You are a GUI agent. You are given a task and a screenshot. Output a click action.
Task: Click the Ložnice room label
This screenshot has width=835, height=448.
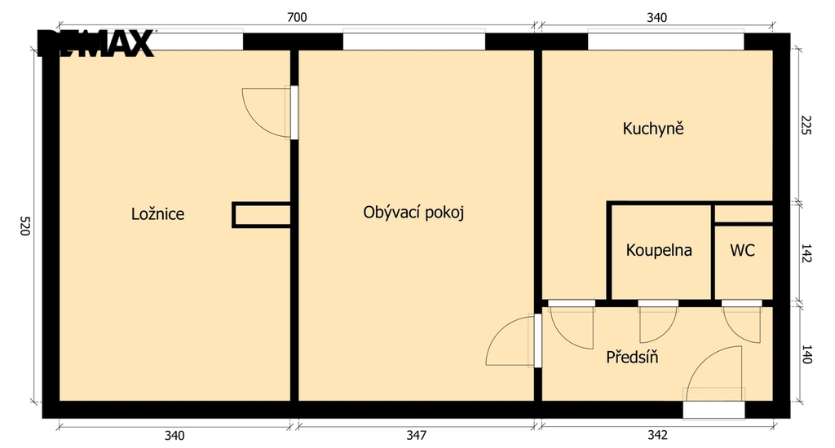point(157,214)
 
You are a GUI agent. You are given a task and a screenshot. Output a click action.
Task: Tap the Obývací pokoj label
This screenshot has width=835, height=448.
point(413,213)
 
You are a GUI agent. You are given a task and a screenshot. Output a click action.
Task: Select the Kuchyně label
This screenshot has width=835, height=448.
point(653,128)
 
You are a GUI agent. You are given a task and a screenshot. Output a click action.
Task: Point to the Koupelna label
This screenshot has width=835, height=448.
point(659,250)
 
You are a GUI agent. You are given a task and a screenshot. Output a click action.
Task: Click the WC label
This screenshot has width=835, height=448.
point(742,250)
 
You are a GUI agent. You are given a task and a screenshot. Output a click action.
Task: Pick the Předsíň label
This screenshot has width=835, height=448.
point(632,357)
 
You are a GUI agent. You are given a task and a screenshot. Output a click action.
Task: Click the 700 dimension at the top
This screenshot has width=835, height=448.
point(297,18)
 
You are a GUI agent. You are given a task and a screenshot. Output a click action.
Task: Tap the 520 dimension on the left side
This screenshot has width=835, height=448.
point(25,226)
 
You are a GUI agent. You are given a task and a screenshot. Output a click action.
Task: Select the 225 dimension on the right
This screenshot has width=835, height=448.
point(806,125)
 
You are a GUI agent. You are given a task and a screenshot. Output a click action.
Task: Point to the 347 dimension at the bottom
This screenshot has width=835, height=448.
point(416,435)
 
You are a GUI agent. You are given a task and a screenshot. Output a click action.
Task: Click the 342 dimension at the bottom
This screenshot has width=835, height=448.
point(657,435)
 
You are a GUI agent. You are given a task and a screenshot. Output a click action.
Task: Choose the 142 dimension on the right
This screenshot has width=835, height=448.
point(806,253)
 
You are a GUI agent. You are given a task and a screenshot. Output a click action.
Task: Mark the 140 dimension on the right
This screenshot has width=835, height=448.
point(806,354)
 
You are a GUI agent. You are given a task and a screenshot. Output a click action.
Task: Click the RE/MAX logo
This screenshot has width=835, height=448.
point(96,43)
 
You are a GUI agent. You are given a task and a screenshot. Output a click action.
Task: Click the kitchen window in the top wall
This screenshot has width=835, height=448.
point(665,41)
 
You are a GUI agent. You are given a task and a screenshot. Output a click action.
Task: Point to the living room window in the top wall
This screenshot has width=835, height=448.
point(413,41)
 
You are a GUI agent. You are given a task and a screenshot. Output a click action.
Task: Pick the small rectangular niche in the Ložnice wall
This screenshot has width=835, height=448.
point(262,215)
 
